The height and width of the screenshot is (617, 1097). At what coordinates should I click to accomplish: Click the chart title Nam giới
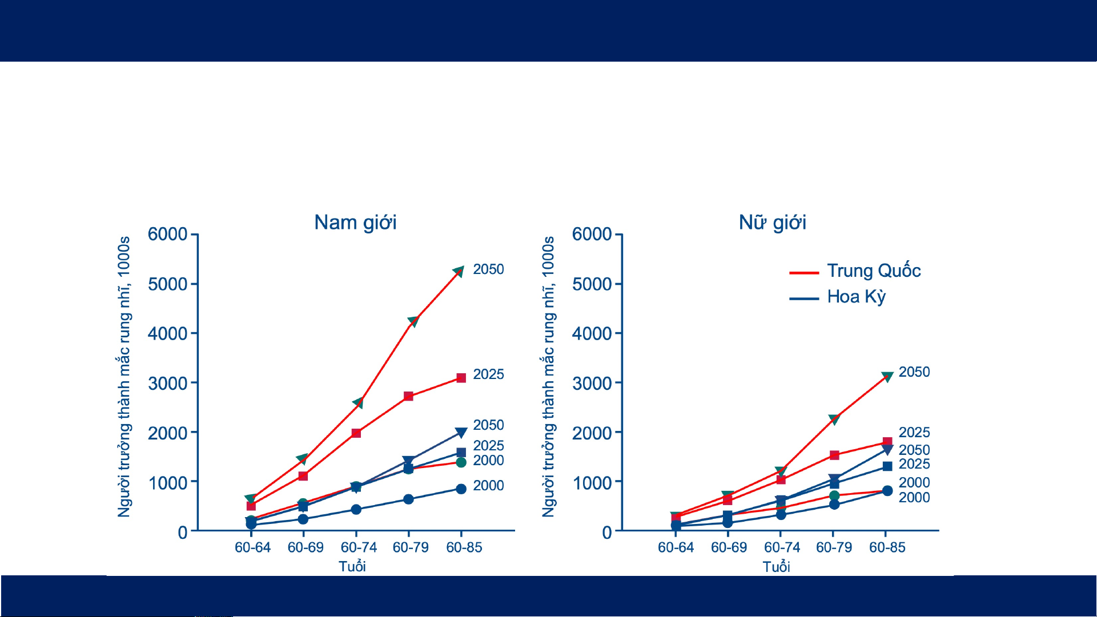coord(355,223)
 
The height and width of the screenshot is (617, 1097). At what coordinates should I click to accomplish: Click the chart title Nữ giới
coord(773,222)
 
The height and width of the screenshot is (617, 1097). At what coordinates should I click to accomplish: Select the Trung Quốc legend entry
coord(855,271)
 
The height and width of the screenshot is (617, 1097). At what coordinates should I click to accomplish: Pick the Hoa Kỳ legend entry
coord(838,297)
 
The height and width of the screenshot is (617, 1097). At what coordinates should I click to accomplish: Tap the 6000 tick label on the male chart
coord(167,234)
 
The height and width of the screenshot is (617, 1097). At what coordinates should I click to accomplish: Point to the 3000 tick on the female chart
coord(592,384)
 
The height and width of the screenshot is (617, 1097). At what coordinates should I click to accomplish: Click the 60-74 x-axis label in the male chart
coord(359,547)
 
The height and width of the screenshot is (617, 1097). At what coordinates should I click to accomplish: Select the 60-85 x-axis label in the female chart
coord(887,547)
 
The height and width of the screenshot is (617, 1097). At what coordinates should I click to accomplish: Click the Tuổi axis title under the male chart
coord(352,566)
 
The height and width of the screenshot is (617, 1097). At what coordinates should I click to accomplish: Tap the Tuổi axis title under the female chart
coord(776,566)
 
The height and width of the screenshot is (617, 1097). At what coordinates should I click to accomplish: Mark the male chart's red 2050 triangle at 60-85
coord(458,271)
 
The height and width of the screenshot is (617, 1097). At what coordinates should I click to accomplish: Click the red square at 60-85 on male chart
coord(461,378)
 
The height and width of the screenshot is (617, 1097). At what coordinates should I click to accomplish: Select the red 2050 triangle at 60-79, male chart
coord(413,321)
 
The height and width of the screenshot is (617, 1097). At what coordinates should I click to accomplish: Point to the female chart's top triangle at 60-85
coord(887,377)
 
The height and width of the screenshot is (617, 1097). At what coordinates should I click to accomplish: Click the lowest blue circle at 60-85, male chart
coord(461,489)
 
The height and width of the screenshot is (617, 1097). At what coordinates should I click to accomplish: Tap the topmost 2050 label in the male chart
coord(488,269)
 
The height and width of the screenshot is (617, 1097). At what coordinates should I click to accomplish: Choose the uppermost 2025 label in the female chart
coord(914,433)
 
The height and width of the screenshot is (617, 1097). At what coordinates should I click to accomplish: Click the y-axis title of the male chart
coord(124,377)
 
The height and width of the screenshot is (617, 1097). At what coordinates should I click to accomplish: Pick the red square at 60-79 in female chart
coord(834,455)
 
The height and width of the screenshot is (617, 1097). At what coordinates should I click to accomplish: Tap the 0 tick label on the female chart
coord(607,533)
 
